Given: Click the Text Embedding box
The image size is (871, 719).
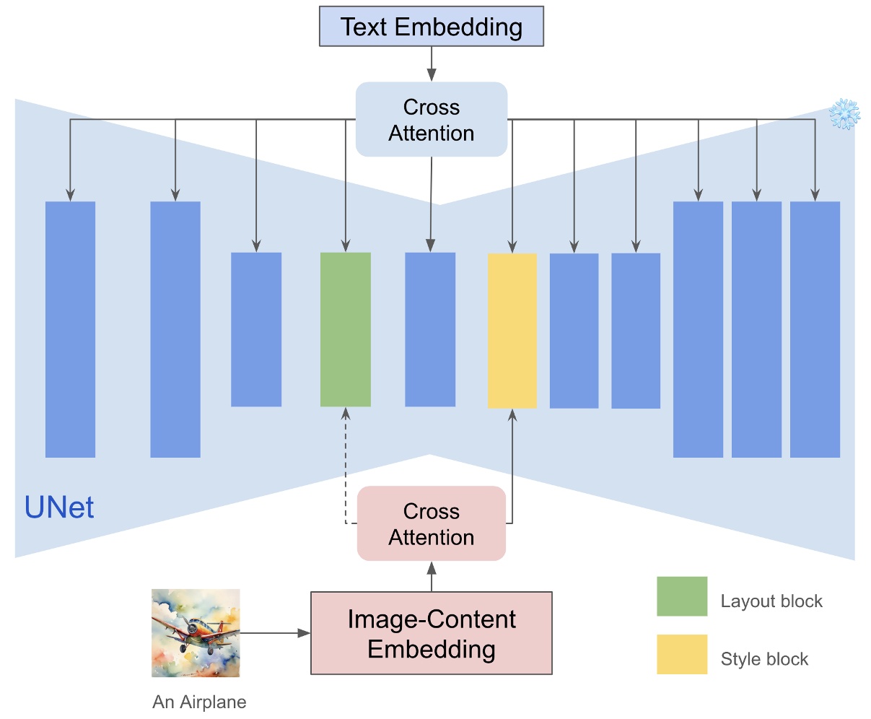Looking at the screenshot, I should pyautogui.click(x=432, y=27).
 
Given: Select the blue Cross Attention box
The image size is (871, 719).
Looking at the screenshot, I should pyautogui.click(x=432, y=120).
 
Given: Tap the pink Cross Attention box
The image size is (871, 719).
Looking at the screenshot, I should pyautogui.click(x=432, y=524).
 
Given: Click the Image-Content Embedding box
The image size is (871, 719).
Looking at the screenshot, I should pyautogui.click(x=432, y=634).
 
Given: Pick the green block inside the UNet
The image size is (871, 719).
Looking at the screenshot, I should pyautogui.click(x=346, y=329).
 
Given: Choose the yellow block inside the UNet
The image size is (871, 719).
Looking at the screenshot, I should pyautogui.click(x=512, y=331).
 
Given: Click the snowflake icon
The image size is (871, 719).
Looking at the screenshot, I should pyautogui.click(x=844, y=115).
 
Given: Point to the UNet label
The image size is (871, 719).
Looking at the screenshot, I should pyautogui.click(x=59, y=507).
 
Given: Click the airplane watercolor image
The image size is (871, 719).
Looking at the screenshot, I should pyautogui.click(x=196, y=633).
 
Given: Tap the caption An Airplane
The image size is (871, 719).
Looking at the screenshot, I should pyautogui.click(x=199, y=702).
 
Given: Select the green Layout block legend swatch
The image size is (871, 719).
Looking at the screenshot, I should pyautogui.click(x=682, y=596).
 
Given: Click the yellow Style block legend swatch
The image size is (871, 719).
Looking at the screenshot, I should pyautogui.click(x=682, y=654).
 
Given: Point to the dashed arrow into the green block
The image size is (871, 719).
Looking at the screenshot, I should pyautogui.click(x=346, y=462).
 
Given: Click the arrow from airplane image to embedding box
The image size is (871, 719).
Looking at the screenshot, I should pyautogui.click(x=274, y=633).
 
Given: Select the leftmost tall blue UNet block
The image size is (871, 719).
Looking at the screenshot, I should pyautogui.click(x=71, y=329).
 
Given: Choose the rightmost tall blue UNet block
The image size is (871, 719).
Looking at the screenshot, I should pyautogui.click(x=815, y=329).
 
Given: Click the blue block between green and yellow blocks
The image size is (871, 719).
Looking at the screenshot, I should pyautogui.click(x=430, y=329).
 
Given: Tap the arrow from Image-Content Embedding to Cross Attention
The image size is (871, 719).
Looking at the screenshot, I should pyautogui.click(x=432, y=577).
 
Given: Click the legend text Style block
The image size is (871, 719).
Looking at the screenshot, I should pyautogui.click(x=764, y=659).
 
